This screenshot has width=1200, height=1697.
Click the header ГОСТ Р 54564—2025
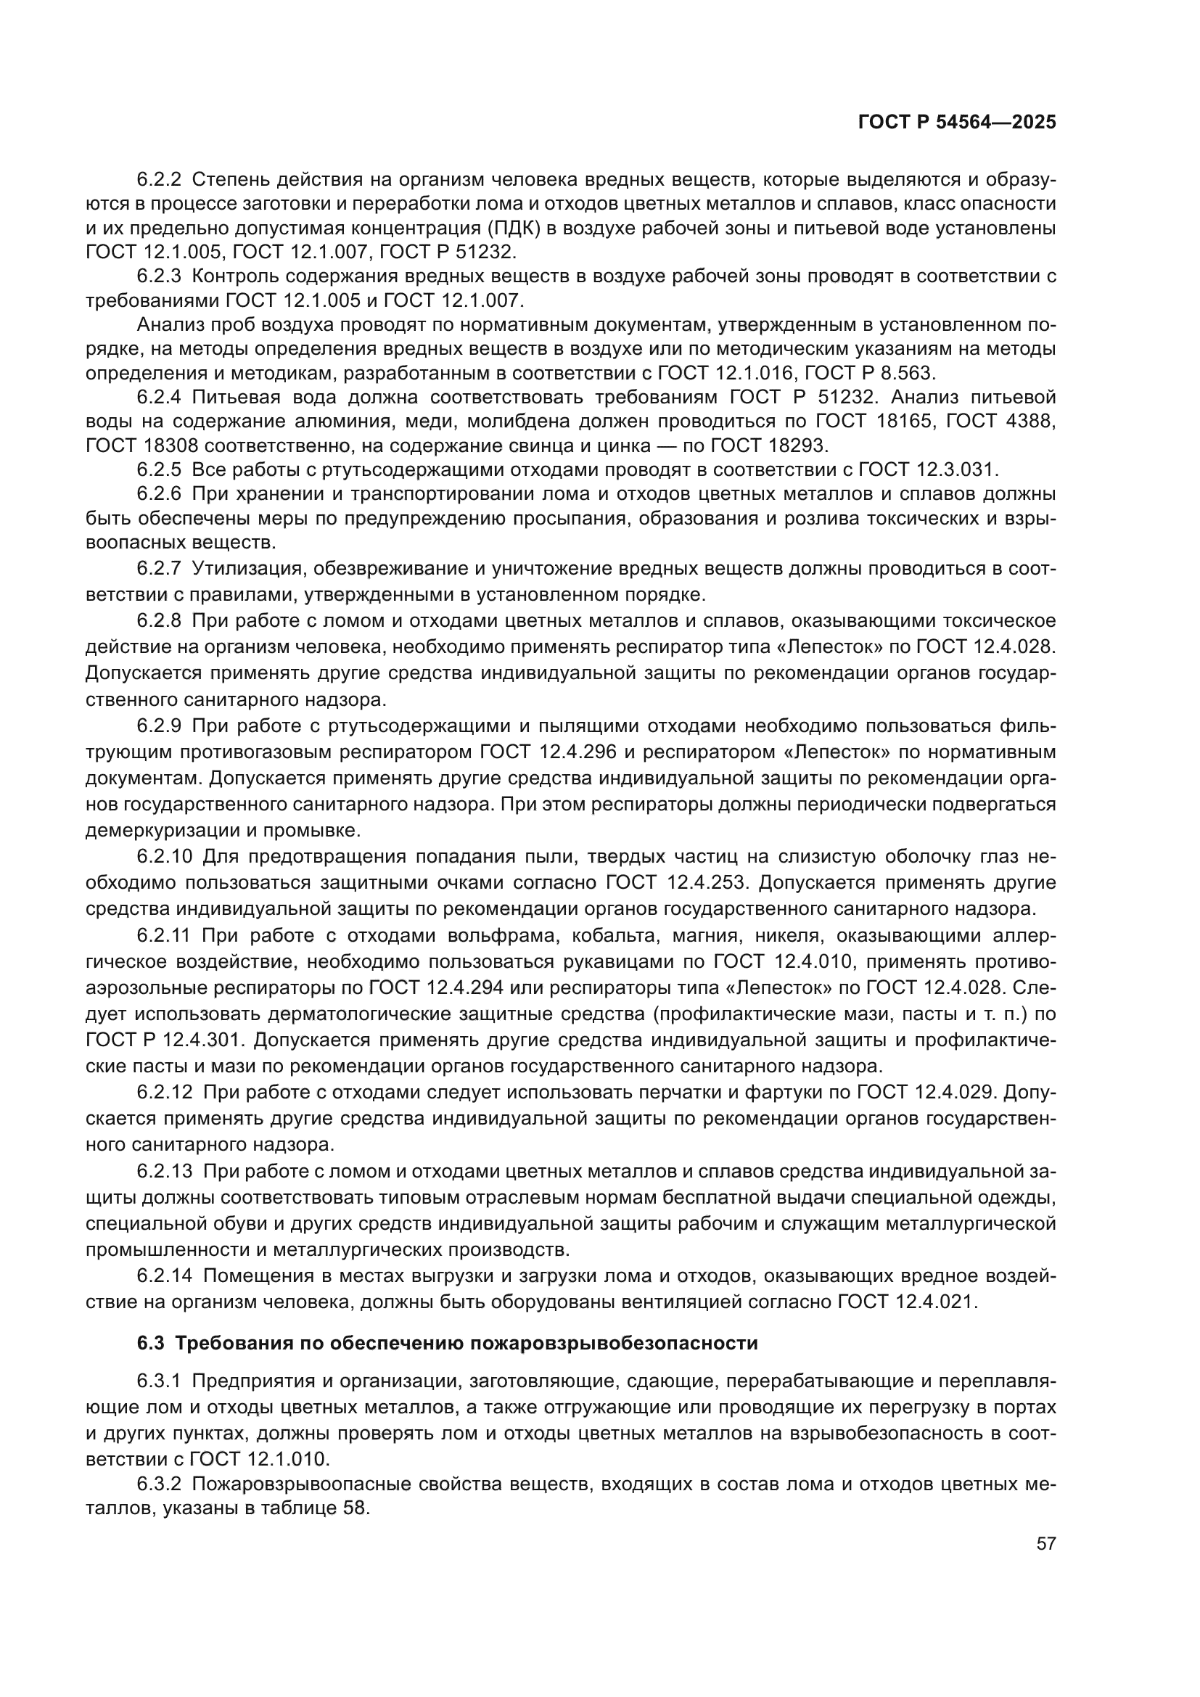pyautogui.click(x=956, y=123)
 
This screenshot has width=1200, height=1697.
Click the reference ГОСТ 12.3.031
pyautogui.click(x=927, y=469)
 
